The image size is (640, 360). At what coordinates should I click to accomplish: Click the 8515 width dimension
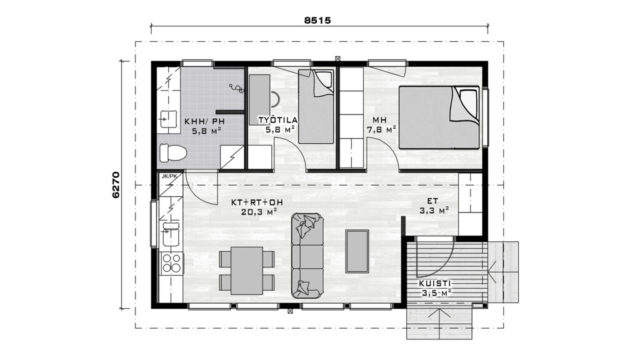[317, 20]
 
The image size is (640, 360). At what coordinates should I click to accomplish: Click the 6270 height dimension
[116, 185]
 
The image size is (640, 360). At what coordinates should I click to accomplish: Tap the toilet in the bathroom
[172, 153]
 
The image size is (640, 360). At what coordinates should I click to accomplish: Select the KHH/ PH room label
[204, 121]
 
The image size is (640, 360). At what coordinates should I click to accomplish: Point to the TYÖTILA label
[277, 120]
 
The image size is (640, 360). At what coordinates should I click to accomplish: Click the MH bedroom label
[379, 121]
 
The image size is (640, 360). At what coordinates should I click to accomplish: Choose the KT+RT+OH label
[257, 202]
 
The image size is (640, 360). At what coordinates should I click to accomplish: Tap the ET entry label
[432, 201]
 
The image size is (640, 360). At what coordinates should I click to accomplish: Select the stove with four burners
[172, 263]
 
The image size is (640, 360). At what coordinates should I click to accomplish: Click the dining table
[246, 271]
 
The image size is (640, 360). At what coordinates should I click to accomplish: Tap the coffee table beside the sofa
[357, 251]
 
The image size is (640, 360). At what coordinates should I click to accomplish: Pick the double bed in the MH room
[439, 117]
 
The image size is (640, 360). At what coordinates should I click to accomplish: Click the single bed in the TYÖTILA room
[316, 106]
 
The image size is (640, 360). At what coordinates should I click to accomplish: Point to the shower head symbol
[236, 88]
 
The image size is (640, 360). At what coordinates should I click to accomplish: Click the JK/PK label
[169, 176]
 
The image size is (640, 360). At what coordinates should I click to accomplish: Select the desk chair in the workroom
[275, 100]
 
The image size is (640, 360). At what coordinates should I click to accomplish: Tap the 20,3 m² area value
[259, 212]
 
